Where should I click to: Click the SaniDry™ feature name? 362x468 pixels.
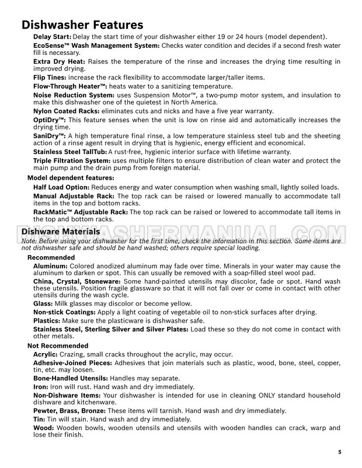(49, 136)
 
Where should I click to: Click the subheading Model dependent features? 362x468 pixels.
(71, 177)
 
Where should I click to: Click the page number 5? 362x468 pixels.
(340, 452)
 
